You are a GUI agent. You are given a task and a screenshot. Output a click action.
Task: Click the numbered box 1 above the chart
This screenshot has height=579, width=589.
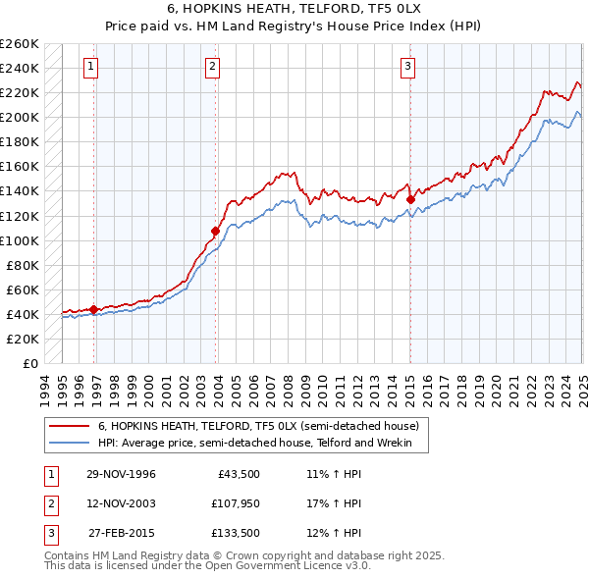[x=90, y=67]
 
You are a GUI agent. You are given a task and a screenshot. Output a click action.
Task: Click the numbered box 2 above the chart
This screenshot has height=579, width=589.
[x=212, y=67]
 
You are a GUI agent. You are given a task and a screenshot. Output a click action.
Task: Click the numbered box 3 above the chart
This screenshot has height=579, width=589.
[x=407, y=67]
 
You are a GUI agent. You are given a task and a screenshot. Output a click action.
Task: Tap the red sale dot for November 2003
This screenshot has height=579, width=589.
[x=214, y=231]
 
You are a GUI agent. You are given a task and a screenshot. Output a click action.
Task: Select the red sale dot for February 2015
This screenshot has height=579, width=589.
[x=410, y=199]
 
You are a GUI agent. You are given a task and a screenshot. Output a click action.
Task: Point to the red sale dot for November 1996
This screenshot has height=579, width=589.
[x=93, y=309]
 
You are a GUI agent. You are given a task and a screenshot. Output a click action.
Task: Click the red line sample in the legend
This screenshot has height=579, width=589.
[x=70, y=426]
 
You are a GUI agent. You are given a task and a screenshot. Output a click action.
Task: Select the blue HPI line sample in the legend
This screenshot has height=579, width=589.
[x=70, y=444]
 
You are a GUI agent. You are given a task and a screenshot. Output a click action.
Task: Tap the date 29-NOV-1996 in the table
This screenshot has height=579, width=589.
[x=121, y=474]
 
